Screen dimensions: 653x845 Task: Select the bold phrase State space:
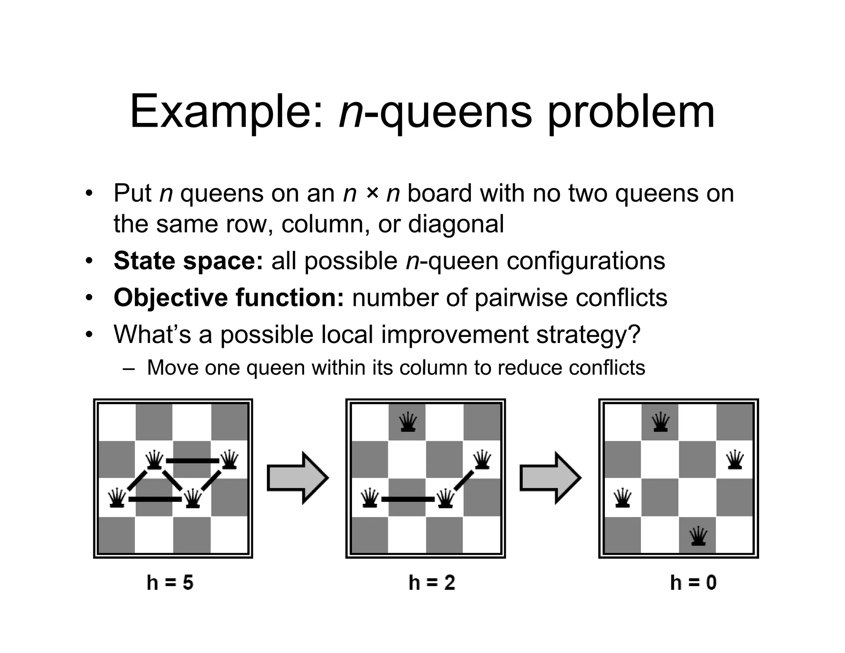point(188,261)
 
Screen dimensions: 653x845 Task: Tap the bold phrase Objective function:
point(229,297)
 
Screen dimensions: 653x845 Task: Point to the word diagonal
point(456,224)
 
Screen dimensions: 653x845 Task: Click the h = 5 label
point(170,582)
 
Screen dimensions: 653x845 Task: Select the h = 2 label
point(432,582)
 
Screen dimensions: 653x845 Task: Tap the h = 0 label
point(693,582)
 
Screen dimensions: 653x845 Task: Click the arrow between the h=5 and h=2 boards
point(297,478)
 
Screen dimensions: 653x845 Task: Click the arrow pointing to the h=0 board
point(550,478)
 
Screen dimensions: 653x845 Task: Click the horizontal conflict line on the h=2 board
point(408,499)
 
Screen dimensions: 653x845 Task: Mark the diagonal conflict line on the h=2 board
point(464,480)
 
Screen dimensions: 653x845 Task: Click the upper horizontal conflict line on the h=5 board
point(192,461)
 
